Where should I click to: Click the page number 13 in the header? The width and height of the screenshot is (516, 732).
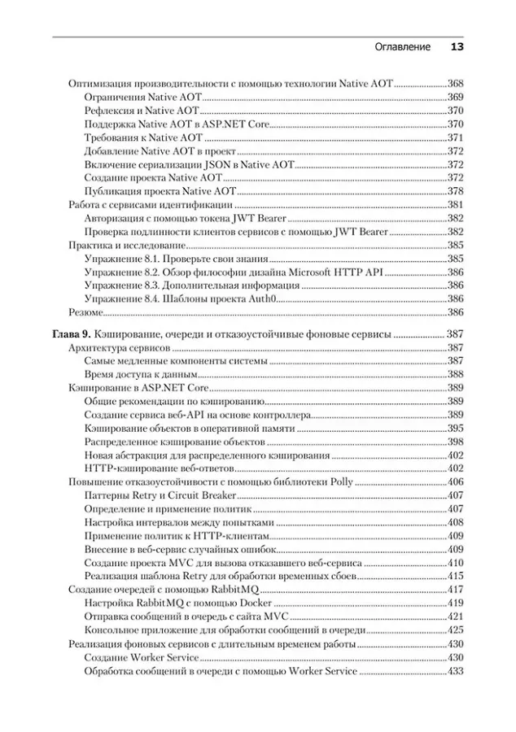tap(456, 47)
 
